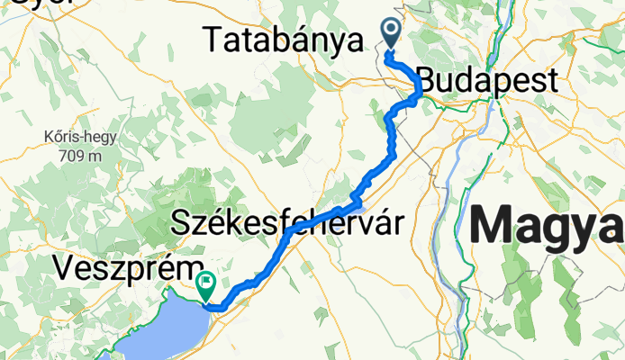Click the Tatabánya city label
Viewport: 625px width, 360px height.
283,40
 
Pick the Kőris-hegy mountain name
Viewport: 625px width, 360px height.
71,138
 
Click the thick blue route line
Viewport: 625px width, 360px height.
390,144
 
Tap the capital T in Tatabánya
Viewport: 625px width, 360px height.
213,40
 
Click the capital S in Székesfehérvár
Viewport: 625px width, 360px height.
179,221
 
